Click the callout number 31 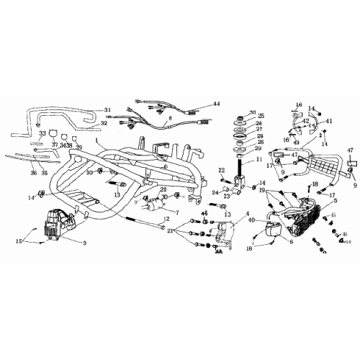107,110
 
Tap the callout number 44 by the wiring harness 215,104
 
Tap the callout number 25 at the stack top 261,116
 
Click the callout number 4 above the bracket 248,213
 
